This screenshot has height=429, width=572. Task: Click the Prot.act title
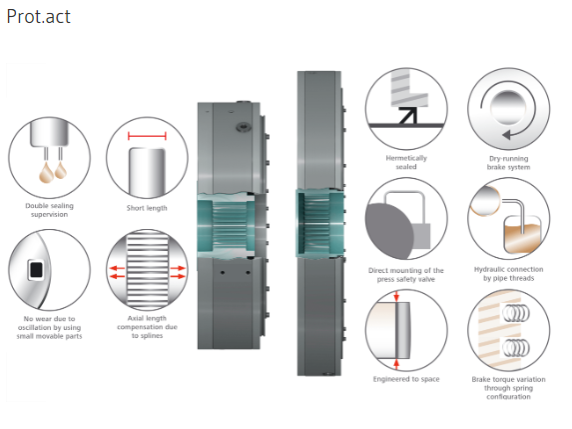pos(38,17)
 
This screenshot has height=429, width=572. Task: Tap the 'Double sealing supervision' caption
pos(49,210)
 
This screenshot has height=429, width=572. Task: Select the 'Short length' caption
pos(147,208)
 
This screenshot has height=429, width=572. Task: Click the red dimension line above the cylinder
pos(147,136)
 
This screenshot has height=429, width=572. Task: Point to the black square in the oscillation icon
pos(36,270)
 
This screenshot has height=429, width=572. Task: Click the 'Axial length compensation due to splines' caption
pos(147,327)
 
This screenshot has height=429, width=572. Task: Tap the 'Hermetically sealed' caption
pos(406,162)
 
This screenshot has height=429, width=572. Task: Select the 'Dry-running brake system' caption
pos(508,163)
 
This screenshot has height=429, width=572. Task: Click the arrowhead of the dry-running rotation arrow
pos(506,136)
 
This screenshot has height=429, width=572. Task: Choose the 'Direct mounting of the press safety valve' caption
pos(406,275)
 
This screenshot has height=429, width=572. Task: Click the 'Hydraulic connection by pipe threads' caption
pos(508,274)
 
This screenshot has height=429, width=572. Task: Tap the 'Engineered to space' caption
pos(406,379)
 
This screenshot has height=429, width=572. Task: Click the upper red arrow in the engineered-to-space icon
pos(396,296)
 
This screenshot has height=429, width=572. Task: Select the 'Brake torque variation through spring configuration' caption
pos(508,388)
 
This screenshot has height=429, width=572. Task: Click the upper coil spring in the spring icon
pos(516,313)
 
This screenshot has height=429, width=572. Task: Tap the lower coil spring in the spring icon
pos(516,348)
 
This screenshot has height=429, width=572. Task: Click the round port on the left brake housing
pos(243,127)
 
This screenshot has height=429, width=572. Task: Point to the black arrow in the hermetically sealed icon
pos(407,115)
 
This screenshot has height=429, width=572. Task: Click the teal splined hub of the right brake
pos(319,223)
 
